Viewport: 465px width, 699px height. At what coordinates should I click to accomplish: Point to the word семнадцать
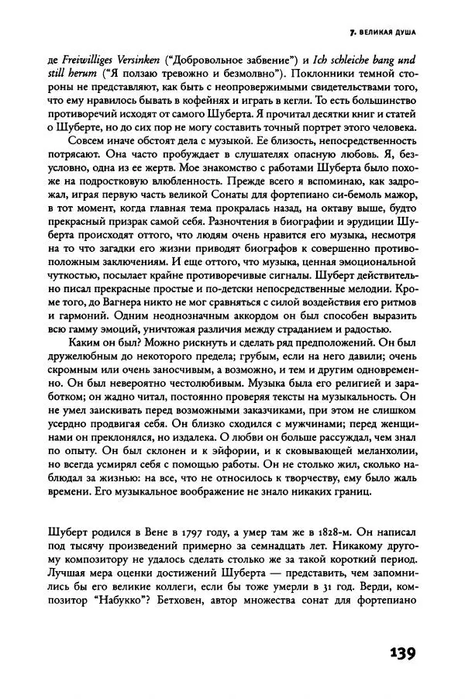click(249, 550)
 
